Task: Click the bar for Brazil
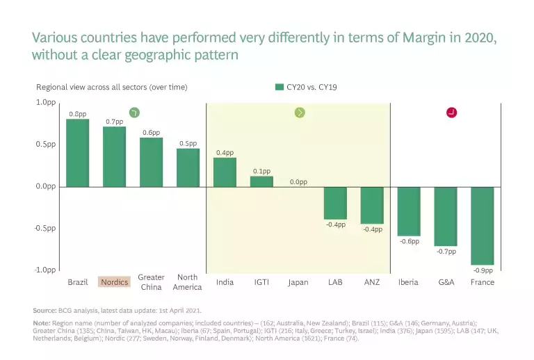[78, 153]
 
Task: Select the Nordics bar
[115, 156]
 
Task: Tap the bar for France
[483, 225]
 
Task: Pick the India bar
[225, 172]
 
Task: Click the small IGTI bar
[261, 181]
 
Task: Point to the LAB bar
[335, 203]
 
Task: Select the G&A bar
[446, 216]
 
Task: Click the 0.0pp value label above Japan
[298, 182]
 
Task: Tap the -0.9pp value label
[483, 270]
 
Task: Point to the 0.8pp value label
[78, 113]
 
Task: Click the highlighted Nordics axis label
[115, 282]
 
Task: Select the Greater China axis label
[151, 282]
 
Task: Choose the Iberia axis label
[408, 282]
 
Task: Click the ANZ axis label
[372, 282]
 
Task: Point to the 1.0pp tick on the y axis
[45, 102]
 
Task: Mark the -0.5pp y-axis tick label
[44, 228]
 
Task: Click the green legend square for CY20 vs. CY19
[280, 87]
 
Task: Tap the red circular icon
[451, 113]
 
